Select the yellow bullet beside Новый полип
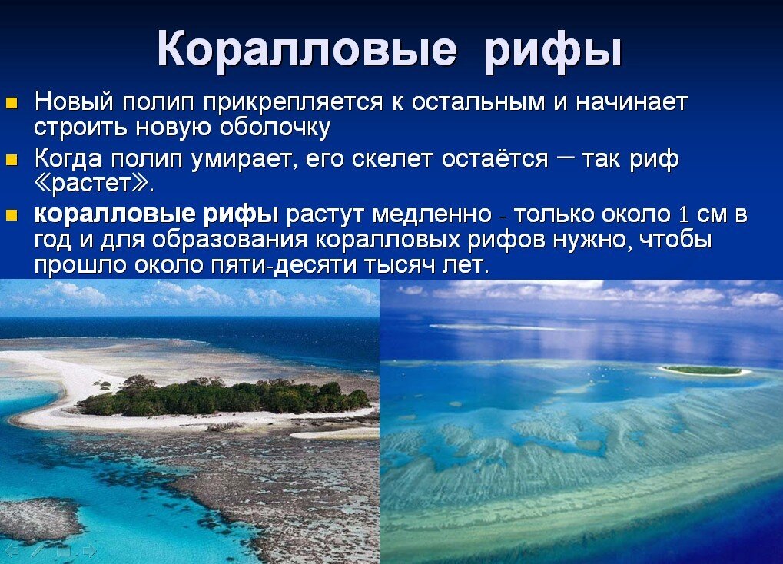click(x=12, y=102)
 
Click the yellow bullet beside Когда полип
click(x=12, y=160)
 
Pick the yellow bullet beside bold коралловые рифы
click(x=12, y=215)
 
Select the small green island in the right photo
click(x=702, y=370)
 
